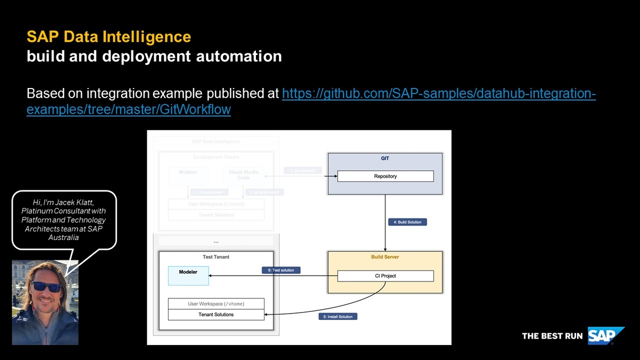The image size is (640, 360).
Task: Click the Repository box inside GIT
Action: tap(385, 176)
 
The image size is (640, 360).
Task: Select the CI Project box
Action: tap(385, 276)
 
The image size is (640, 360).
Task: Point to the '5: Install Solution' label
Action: tap(338, 316)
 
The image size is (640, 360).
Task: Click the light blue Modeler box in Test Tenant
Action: tap(188, 275)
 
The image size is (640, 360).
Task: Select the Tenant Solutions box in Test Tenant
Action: tap(216, 315)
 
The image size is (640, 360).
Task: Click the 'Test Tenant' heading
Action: tap(216, 257)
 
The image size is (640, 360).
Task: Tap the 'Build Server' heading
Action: tap(385, 257)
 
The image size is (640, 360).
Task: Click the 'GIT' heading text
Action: tap(385, 158)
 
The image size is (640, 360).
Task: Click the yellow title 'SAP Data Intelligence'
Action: tap(109, 37)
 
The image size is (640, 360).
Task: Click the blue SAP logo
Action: tap(605, 336)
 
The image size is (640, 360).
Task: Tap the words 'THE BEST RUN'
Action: tap(551, 336)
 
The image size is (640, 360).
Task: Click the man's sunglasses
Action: tap(46, 286)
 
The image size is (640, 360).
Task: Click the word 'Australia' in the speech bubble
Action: tap(63, 237)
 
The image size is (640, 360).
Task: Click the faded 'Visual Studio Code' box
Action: tap(243, 175)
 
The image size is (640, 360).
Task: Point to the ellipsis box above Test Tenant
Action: tap(216, 241)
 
